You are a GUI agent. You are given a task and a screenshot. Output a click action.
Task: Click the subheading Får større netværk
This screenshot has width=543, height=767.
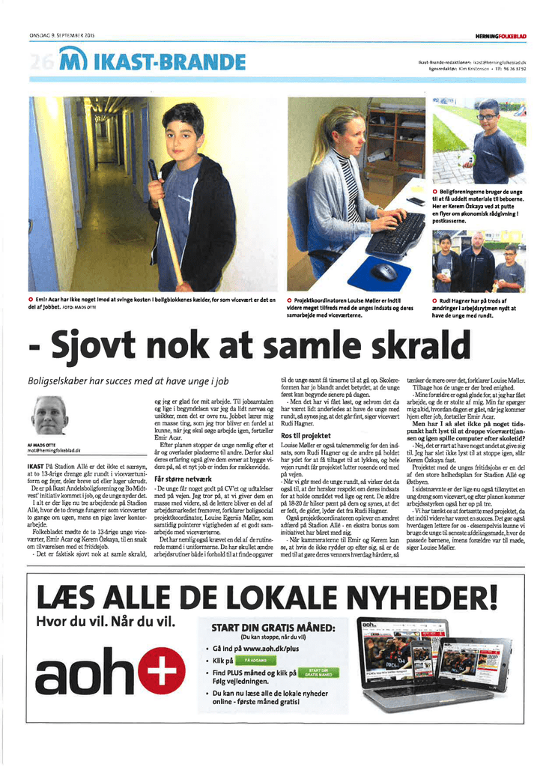click(x=178, y=478)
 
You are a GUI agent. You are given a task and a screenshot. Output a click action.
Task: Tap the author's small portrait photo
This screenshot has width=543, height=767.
click(x=50, y=416)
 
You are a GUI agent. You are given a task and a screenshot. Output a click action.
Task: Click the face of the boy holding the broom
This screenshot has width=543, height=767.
click(x=181, y=131)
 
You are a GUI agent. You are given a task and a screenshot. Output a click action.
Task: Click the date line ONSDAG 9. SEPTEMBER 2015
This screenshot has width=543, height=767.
click(x=63, y=37)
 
